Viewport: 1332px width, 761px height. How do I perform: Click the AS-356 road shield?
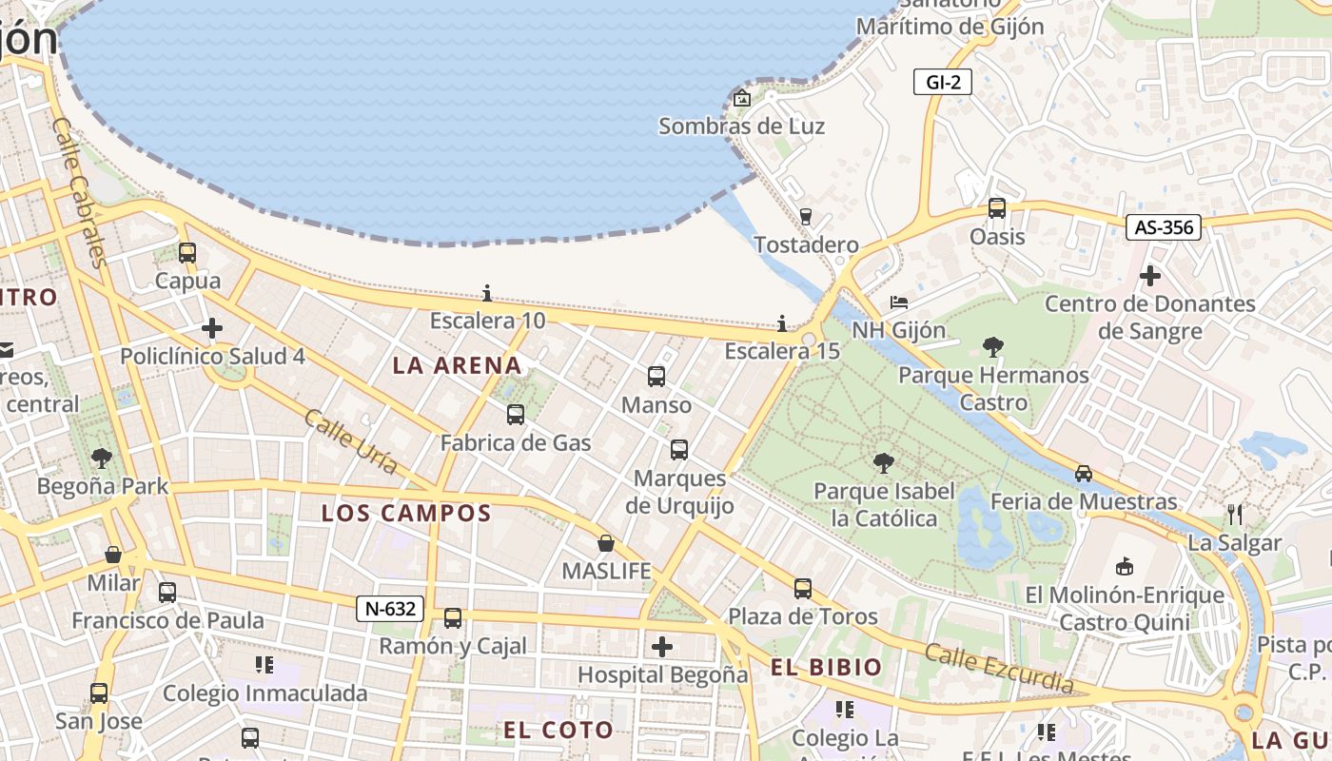point(1164,227)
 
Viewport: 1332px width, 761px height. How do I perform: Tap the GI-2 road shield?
point(943,82)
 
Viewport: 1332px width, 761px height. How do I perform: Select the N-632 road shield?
point(390,609)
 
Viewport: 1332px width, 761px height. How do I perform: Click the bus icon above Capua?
point(187,253)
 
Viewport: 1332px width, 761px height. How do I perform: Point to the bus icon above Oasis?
point(997,208)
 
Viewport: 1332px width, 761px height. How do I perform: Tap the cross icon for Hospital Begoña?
point(662,648)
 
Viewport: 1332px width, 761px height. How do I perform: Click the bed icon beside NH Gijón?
point(899,302)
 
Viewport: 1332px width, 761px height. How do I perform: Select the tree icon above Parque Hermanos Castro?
point(993,346)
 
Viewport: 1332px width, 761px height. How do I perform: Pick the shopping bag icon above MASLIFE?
point(606,543)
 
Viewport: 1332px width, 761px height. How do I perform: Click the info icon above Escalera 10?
point(487,293)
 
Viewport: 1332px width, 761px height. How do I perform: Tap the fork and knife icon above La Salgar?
point(1235,515)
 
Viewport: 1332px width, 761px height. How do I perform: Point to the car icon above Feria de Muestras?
point(1083,473)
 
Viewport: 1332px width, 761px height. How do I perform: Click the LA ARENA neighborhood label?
point(458,365)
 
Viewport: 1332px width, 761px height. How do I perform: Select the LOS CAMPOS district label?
point(406,514)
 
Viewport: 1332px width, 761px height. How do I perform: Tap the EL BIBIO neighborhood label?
point(827,668)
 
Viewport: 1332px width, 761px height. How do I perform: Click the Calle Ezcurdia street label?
point(999,669)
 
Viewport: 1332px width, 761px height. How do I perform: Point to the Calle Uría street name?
point(351,441)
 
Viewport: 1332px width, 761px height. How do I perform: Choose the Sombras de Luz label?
point(741,127)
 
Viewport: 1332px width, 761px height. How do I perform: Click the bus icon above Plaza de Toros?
point(803,589)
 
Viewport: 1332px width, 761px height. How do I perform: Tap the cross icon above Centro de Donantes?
point(1150,277)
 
